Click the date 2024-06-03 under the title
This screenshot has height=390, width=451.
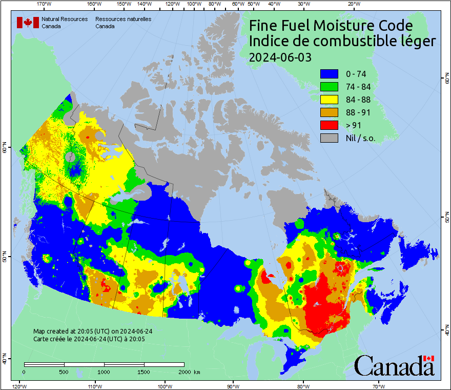(280, 57)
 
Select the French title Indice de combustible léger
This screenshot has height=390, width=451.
(342, 42)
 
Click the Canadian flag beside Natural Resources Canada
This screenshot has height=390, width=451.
(28, 23)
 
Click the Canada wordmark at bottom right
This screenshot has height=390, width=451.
(394, 366)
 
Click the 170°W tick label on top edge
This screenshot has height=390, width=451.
(45, 4)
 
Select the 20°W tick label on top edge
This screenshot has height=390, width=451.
(353, 4)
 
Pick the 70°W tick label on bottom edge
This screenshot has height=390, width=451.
(379, 386)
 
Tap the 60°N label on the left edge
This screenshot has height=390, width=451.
(4, 149)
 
